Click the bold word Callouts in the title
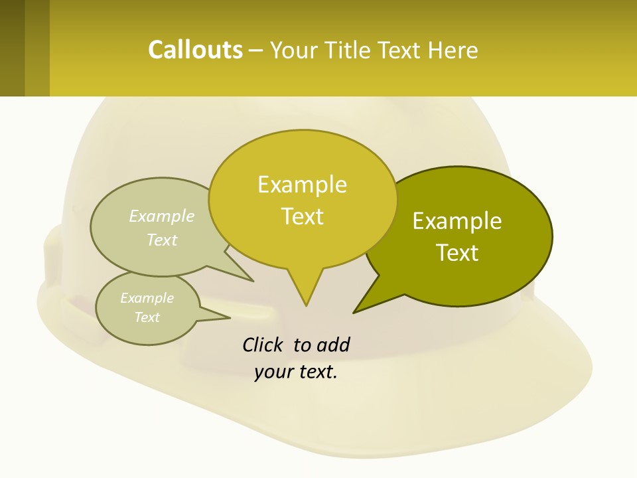[x=195, y=50]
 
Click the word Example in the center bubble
[x=302, y=185]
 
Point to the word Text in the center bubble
[x=303, y=216]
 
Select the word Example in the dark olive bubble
[x=457, y=221]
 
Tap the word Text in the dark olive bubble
[x=457, y=253]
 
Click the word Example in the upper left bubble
[x=162, y=216]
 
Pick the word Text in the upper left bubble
[x=162, y=240]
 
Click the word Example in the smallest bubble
[x=147, y=298]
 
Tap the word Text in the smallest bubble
[x=147, y=317]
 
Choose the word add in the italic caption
[x=332, y=345]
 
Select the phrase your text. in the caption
[x=296, y=372]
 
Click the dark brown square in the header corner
[x=12, y=48]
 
